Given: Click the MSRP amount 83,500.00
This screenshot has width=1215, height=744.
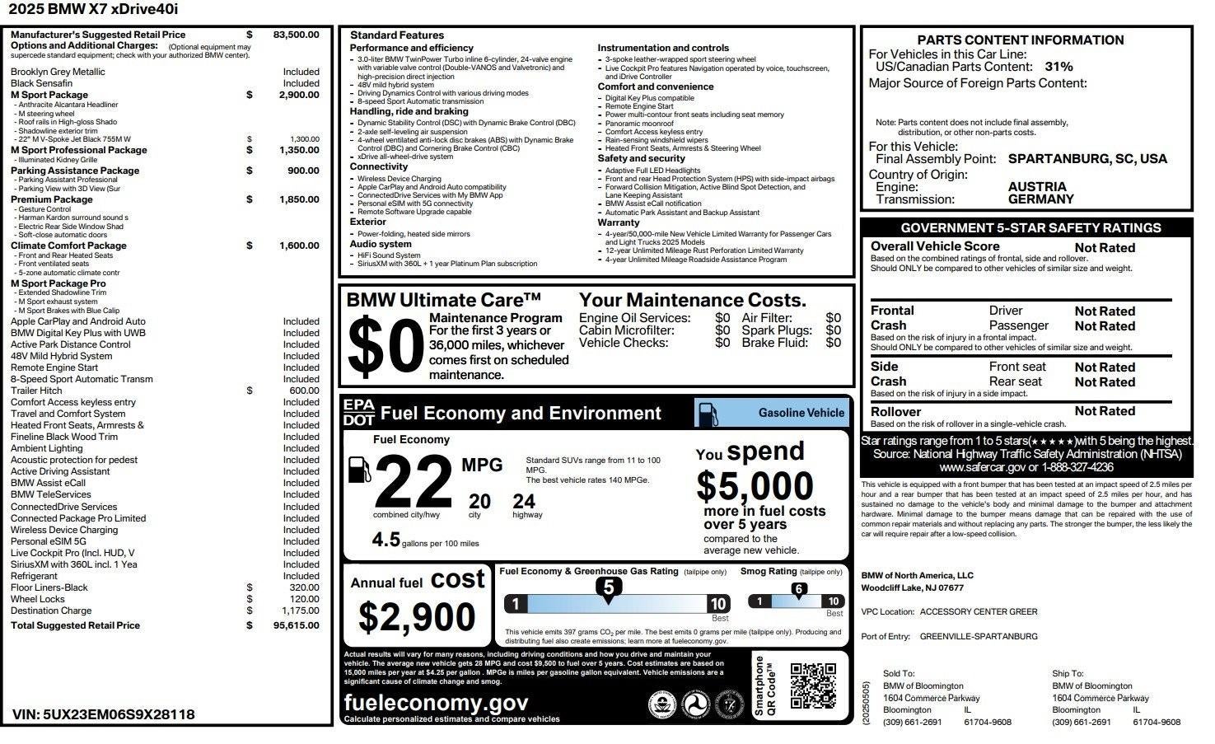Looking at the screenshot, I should [x=296, y=35].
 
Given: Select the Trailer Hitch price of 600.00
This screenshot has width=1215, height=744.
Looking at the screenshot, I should [x=304, y=391].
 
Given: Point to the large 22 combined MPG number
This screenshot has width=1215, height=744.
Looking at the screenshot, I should [x=414, y=483].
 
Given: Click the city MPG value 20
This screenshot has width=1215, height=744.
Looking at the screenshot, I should [x=479, y=501].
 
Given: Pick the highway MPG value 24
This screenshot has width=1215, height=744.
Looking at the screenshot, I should [x=524, y=501].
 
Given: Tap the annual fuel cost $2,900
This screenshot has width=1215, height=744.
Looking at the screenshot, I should [x=417, y=617].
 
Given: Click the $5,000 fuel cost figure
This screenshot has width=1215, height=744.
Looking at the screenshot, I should [x=755, y=486].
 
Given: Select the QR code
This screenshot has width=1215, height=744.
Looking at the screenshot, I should [x=813, y=686].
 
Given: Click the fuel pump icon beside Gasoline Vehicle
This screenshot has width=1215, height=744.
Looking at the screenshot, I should [x=708, y=413].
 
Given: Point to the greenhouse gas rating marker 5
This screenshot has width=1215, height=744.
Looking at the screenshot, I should [x=609, y=587].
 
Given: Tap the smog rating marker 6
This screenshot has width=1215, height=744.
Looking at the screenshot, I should [x=798, y=589].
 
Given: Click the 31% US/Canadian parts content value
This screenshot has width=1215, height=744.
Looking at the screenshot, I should [x=1058, y=67].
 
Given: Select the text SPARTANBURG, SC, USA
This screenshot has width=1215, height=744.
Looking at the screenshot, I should [x=1087, y=159].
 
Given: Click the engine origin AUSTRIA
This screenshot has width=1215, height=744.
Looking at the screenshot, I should [x=1037, y=187].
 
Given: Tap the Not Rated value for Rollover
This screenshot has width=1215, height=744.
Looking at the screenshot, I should [x=1105, y=411].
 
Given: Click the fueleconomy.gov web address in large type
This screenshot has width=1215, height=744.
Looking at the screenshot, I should [x=436, y=703].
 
